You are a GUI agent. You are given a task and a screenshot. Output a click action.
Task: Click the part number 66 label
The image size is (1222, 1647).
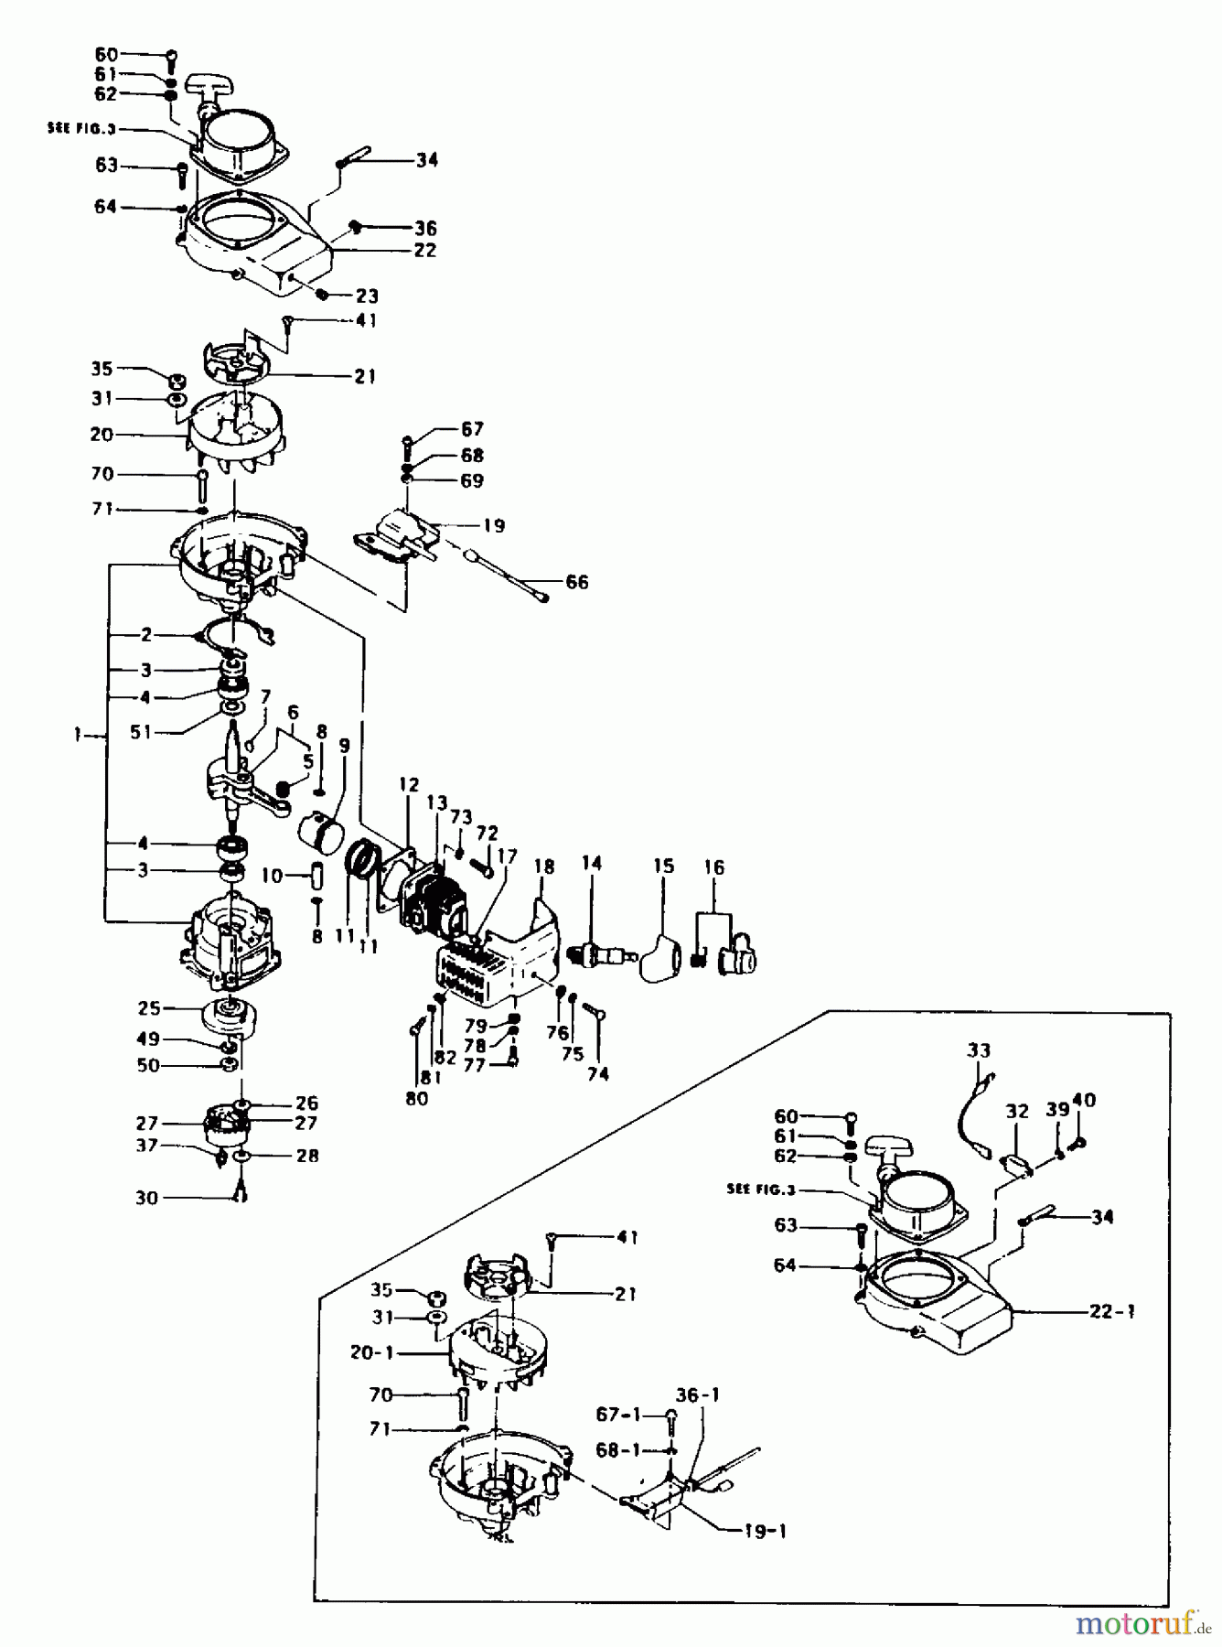[576, 582]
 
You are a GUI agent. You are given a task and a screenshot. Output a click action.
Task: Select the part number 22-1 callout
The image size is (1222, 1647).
[1111, 1311]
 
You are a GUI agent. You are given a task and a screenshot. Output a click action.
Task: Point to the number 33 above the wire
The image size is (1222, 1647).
[979, 1050]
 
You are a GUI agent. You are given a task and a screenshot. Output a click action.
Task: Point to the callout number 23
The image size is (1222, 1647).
[366, 296]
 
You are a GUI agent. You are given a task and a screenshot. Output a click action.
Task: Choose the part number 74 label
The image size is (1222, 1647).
[597, 1074]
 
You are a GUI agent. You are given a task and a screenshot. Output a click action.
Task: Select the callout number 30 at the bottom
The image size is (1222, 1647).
[146, 1198]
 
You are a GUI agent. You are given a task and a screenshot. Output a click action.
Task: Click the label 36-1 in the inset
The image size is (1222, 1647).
[697, 1395]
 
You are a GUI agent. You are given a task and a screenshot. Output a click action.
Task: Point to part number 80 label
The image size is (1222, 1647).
[416, 1098]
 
